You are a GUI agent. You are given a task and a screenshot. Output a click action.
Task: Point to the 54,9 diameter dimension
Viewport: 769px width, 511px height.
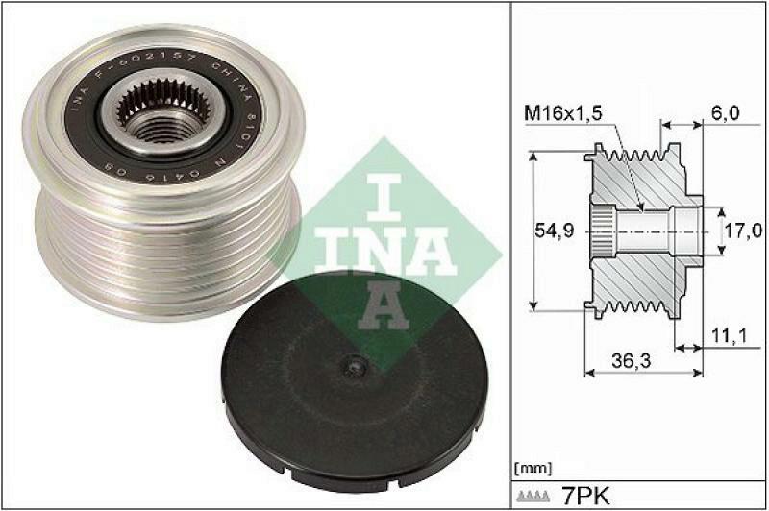click(x=552, y=231)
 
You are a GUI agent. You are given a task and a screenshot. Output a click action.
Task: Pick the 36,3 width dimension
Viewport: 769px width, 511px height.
click(x=629, y=361)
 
